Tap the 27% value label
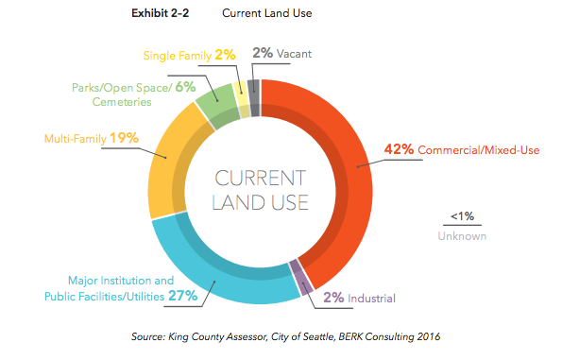tap(184, 296)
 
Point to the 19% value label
tap(124, 138)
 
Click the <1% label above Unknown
tap(461, 216)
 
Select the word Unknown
tap(462, 236)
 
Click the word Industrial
tap(372, 299)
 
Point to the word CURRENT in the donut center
tap(259, 179)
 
